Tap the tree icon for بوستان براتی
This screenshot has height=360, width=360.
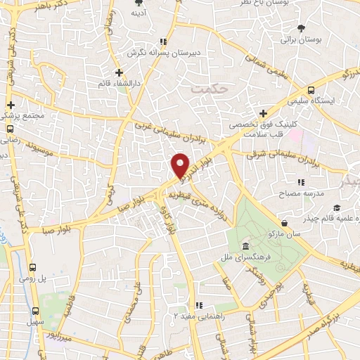302,28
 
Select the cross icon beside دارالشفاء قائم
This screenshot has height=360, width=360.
119,72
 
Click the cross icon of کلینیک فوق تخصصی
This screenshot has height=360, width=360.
263,113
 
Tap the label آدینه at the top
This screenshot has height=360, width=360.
139,13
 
